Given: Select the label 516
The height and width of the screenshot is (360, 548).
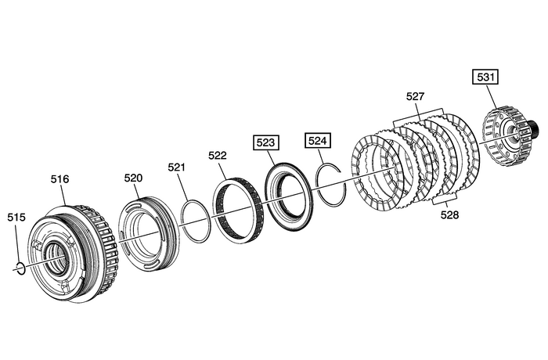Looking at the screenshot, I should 60,179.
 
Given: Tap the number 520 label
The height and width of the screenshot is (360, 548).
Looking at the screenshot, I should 134,178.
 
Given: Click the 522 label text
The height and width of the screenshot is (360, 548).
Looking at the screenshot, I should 218,156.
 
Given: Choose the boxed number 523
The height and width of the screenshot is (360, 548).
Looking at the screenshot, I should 265,143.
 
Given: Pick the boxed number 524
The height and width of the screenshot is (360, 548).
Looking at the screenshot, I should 318,141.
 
